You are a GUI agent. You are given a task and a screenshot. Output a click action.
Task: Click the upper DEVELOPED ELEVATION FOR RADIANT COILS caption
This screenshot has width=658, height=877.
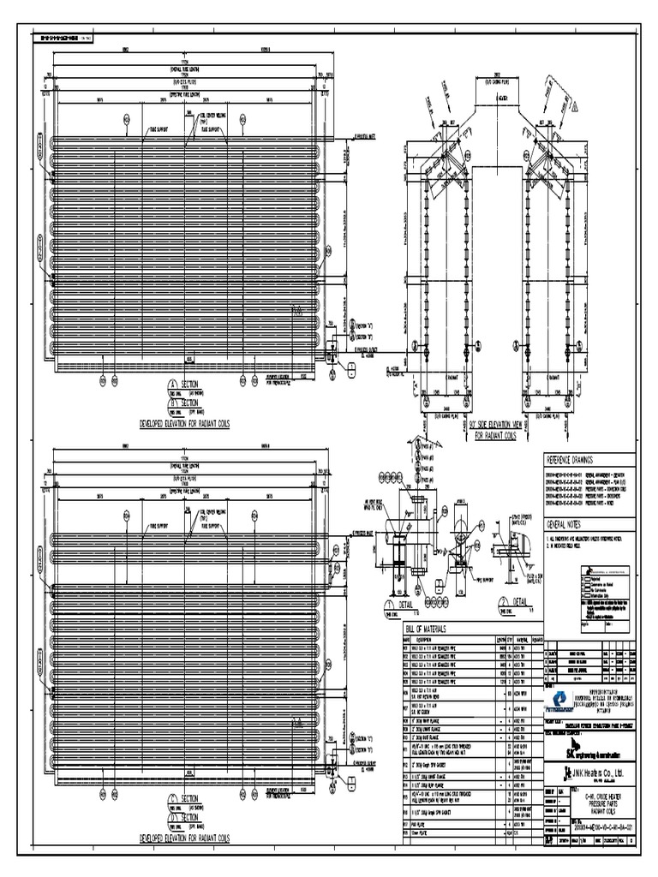click(184, 424)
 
